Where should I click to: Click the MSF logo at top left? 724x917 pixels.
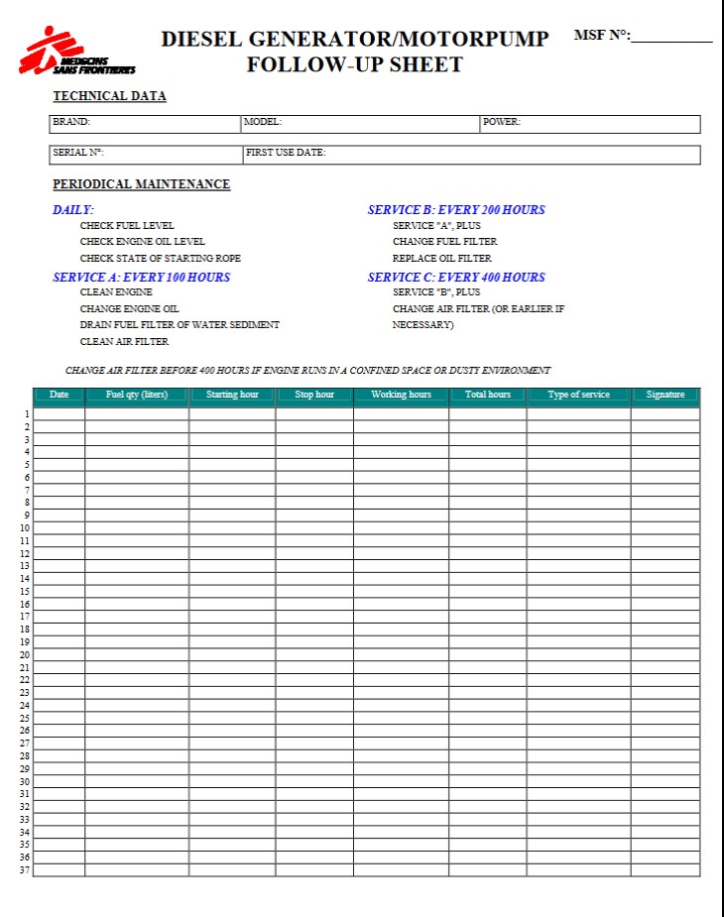coord(75,53)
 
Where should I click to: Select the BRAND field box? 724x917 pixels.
coord(145,124)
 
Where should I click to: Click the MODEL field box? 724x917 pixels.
coord(360,124)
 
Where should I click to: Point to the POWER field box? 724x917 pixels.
coord(590,124)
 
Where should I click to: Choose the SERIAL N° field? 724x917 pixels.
coord(146,155)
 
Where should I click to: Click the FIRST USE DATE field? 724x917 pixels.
coord(471,155)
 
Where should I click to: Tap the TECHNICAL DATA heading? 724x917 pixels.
coord(109,96)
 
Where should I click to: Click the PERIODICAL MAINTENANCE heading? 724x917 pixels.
coord(141,184)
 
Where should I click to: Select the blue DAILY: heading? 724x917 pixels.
coord(73,210)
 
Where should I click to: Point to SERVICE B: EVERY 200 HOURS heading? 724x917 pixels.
coord(456,210)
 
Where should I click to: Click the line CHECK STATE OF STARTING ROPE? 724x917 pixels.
coord(160,259)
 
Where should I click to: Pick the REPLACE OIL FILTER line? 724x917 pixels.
coord(441,259)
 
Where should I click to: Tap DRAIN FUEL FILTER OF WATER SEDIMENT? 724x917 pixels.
coord(180,325)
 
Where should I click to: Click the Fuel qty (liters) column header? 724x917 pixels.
coord(137,396)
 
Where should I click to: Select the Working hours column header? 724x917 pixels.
coord(401,396)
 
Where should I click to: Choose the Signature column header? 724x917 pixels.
coord(664,396)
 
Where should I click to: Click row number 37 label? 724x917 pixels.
coord(24,870)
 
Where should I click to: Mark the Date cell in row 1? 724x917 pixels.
coord(59,414)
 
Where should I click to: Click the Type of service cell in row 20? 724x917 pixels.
coord(578,655)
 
